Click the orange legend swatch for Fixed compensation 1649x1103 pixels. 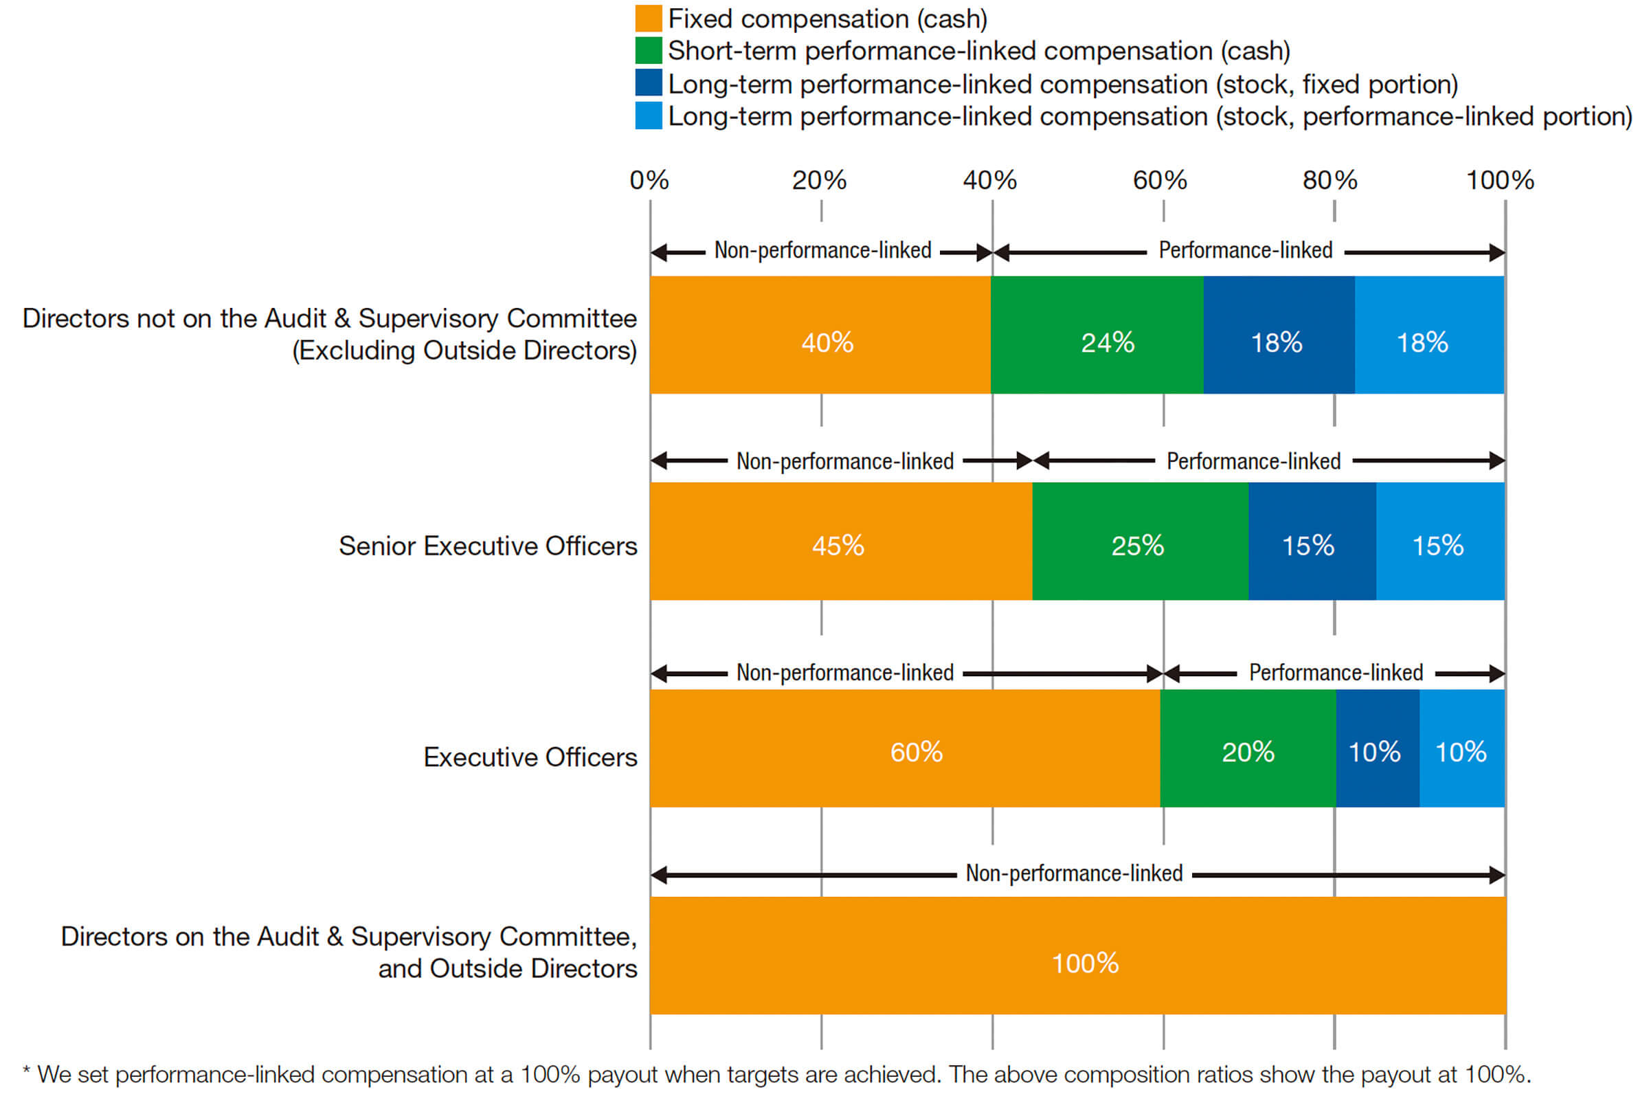649,19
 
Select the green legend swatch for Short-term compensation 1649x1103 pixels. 649,51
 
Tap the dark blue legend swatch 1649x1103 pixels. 649,83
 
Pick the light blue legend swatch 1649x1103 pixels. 649,116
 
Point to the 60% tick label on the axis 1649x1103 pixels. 1160,181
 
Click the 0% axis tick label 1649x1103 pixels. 649,181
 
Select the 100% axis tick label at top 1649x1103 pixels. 1499,181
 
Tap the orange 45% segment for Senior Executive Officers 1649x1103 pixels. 840,541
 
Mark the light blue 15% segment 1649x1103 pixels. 1439,541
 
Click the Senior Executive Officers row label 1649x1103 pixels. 488,546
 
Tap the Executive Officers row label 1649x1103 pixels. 530,757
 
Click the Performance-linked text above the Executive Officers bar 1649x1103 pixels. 1336,673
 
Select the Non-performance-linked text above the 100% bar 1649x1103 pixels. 1074,873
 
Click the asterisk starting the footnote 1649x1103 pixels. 27,1072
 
